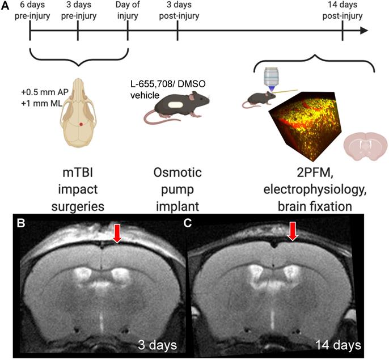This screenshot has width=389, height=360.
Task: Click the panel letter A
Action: [x=5, y=6]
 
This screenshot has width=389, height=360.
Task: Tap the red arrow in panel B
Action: [x=117, y=233]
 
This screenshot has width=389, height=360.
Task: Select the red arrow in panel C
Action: [x=293, y=231]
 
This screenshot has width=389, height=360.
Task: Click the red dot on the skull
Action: [x=81, y=124]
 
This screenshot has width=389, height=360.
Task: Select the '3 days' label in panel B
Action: [x=157, y=345]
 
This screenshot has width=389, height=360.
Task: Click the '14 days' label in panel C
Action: [x=338, y=345]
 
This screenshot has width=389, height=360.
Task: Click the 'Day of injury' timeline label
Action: [x=128, y=10]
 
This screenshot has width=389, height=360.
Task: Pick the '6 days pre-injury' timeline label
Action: [x=32, y=10]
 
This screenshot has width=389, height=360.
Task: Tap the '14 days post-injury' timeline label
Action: [x=343, y=10]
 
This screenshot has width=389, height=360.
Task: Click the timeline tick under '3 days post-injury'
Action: [x=177, y=31]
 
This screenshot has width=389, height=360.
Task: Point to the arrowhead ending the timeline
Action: [x=363, y=31]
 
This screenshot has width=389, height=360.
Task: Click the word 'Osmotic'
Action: [x=177, y=173]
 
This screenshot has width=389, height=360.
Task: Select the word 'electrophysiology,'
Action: [x=315, y=190]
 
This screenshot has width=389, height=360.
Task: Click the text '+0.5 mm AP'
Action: [x=45, y=92]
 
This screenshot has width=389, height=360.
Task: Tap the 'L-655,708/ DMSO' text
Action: [x=168, y=84]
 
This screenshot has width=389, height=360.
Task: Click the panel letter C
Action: [x=188, y=223]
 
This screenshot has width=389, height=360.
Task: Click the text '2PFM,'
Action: [x=315, y=173]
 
